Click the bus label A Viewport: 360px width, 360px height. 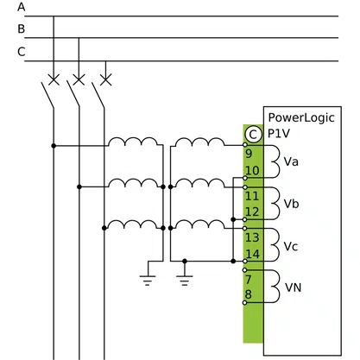[22, 7]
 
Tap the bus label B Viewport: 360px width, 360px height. [22, 29]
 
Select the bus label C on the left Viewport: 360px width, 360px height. [22, 52]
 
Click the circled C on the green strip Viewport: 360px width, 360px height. [253, 135]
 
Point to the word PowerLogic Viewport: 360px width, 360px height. [301, 117]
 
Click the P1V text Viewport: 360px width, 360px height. [279, 134]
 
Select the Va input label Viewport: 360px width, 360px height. [291, 161]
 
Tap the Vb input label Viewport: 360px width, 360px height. [291, 204]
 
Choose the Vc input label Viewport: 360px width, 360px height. [291, 246]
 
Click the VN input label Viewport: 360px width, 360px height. [294, 287]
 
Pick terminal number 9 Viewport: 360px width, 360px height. [249, 154]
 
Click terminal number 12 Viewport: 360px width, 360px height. [252, 212]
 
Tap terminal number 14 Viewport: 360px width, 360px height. [253, 254]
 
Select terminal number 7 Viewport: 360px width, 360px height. [249, 279]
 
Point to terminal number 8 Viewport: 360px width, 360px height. [249, 294]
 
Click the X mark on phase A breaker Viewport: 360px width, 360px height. [54, 79]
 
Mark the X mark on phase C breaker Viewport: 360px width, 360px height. [105, 79]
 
